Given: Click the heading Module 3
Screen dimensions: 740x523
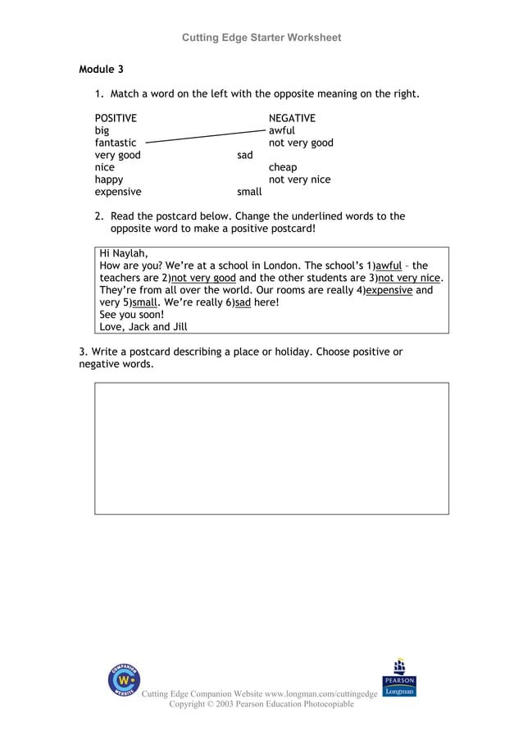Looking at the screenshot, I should (x=101, y=70).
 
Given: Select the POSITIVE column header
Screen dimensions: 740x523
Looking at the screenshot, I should (x=116, y=118).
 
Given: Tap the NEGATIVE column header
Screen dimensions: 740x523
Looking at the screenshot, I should (x=292, y=118).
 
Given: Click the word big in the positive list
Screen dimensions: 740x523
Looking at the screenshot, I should (x=102, y=130).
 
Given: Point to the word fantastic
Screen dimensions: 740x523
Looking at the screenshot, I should (x=116, y=143).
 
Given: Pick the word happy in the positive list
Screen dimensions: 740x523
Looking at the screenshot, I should (x=109, y=179).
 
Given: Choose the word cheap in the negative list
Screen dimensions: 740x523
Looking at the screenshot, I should (x=283, y=167).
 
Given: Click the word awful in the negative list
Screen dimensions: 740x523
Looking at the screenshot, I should (x=282, y=130).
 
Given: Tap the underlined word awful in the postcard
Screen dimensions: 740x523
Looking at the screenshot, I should (x=389, y=266).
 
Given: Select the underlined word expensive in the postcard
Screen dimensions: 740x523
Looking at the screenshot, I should (x=389, y=290).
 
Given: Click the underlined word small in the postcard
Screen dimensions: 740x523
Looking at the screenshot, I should (x=144, y=302).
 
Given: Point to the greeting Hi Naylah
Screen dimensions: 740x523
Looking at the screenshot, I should (x=124, y=253).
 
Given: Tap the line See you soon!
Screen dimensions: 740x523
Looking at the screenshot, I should (x=131, y=314).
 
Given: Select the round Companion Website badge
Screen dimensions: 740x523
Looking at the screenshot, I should (x=124, y=681).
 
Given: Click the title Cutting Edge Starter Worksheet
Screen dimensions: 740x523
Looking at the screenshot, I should (x=261, y=38).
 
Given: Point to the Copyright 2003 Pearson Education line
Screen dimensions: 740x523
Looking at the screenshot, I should (x=261, y=704).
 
